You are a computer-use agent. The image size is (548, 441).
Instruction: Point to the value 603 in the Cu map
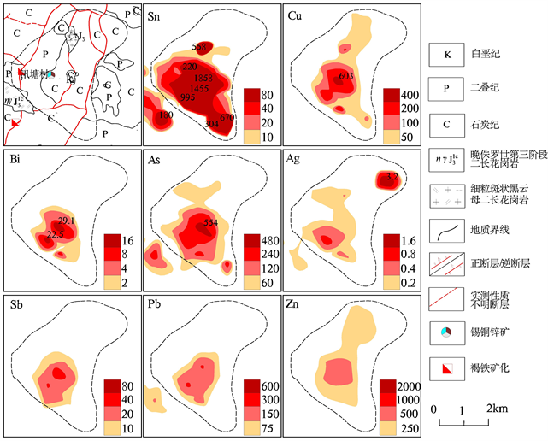[x=346, y=77]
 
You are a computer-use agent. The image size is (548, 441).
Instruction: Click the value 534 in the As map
[x=210, y=222]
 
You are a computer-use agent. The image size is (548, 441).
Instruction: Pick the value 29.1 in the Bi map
[x=68, y=220]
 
